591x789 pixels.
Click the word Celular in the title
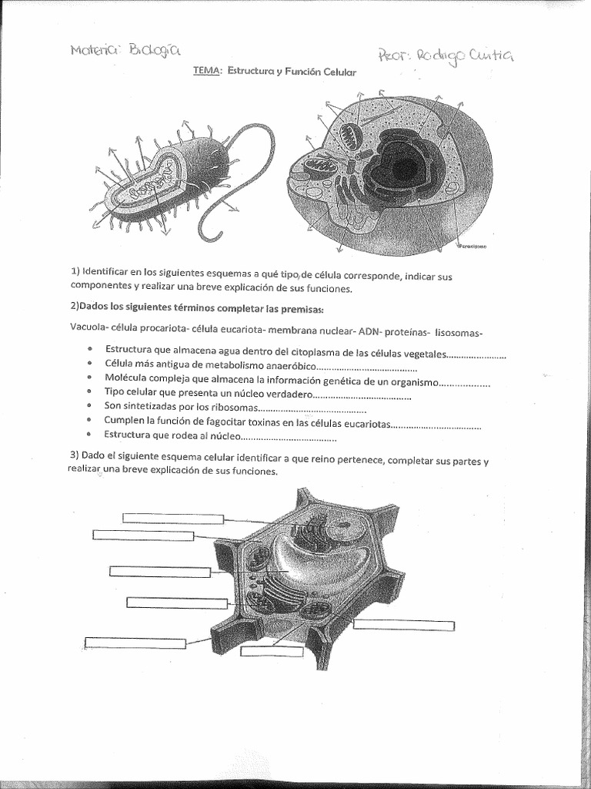339,72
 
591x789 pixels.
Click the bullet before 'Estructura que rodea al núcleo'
91,437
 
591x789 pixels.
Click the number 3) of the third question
75,460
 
